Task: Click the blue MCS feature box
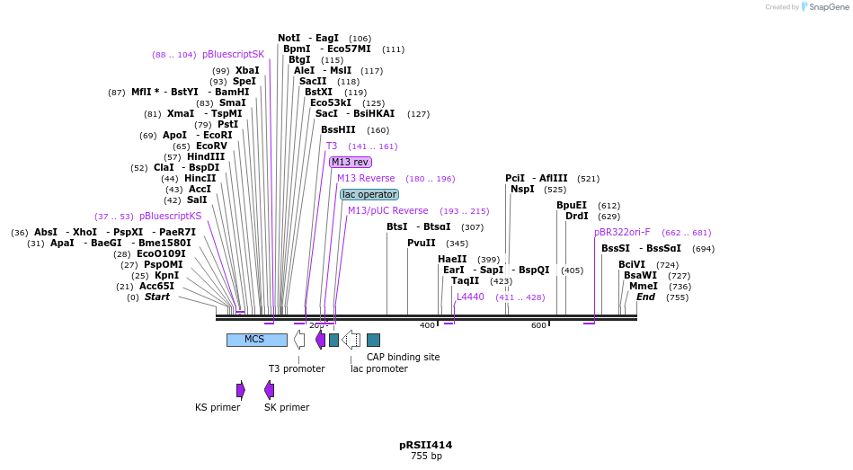click(256, 340)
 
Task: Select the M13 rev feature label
click(350, 162)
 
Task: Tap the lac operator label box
click(369, 194)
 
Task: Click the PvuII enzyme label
click(421, 243)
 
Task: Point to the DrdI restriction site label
click(576, 216)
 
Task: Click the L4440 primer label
click(470, 297)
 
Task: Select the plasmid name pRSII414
click(426, 445)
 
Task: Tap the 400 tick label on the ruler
click(427, 325)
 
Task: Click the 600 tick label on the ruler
click(538, 325)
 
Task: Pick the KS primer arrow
click(241, 389)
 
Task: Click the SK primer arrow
click(269, 389)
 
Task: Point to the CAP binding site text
click(403, 357)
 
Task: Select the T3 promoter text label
click(297, 368)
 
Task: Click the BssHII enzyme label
click(338, 129)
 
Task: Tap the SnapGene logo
click(823, 7)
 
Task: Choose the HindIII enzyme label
click(206, 156)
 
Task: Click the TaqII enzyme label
click(466, 280)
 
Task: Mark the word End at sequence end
click(645, 297)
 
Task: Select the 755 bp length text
click(426, 457)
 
